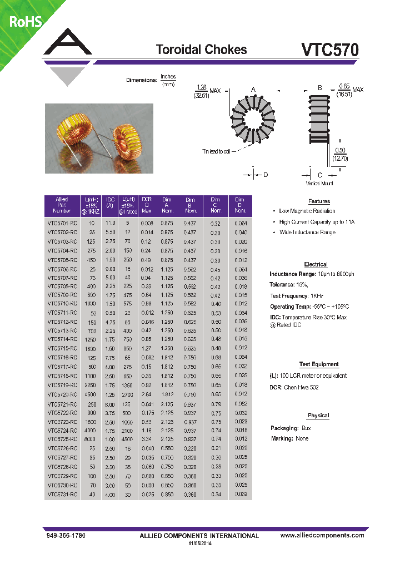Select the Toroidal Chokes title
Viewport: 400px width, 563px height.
[x=201, y=50]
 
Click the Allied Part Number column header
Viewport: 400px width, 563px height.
[x=62, y=205]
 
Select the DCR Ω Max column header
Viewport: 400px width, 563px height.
[x=147, y=205]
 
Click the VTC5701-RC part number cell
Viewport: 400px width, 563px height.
[x=62, y=223]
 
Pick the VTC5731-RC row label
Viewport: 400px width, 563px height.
[x=62, y=494]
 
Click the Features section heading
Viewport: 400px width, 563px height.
[x=319, y=201]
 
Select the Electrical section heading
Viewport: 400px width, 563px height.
[x=316, y=264]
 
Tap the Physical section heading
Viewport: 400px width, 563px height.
[x=318, y=415]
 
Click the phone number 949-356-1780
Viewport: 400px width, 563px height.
[x=66, y=535]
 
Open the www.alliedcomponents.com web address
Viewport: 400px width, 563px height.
[x=322, y=535]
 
